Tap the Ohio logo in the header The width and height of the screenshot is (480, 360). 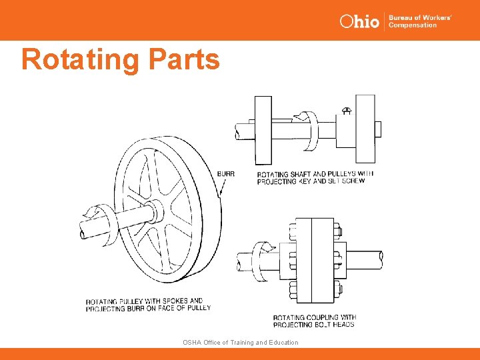point(359,21)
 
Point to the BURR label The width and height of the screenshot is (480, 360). point(226,174)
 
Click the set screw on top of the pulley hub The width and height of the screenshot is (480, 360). point(346,109)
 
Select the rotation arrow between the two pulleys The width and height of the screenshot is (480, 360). point(308,130)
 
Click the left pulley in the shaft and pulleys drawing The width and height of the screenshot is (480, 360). point(263,129)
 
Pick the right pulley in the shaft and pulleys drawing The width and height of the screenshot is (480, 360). point(365,128)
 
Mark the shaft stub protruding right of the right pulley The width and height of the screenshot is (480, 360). point(378,128)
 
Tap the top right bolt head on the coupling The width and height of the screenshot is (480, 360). point(337,231)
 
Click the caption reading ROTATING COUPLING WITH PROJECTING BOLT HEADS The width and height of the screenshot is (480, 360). point(314,321)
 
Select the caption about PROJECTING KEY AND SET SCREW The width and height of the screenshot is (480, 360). point(315,177)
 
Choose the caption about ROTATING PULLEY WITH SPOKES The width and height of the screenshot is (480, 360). point(148,305)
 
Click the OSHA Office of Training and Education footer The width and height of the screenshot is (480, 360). point(240,342)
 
